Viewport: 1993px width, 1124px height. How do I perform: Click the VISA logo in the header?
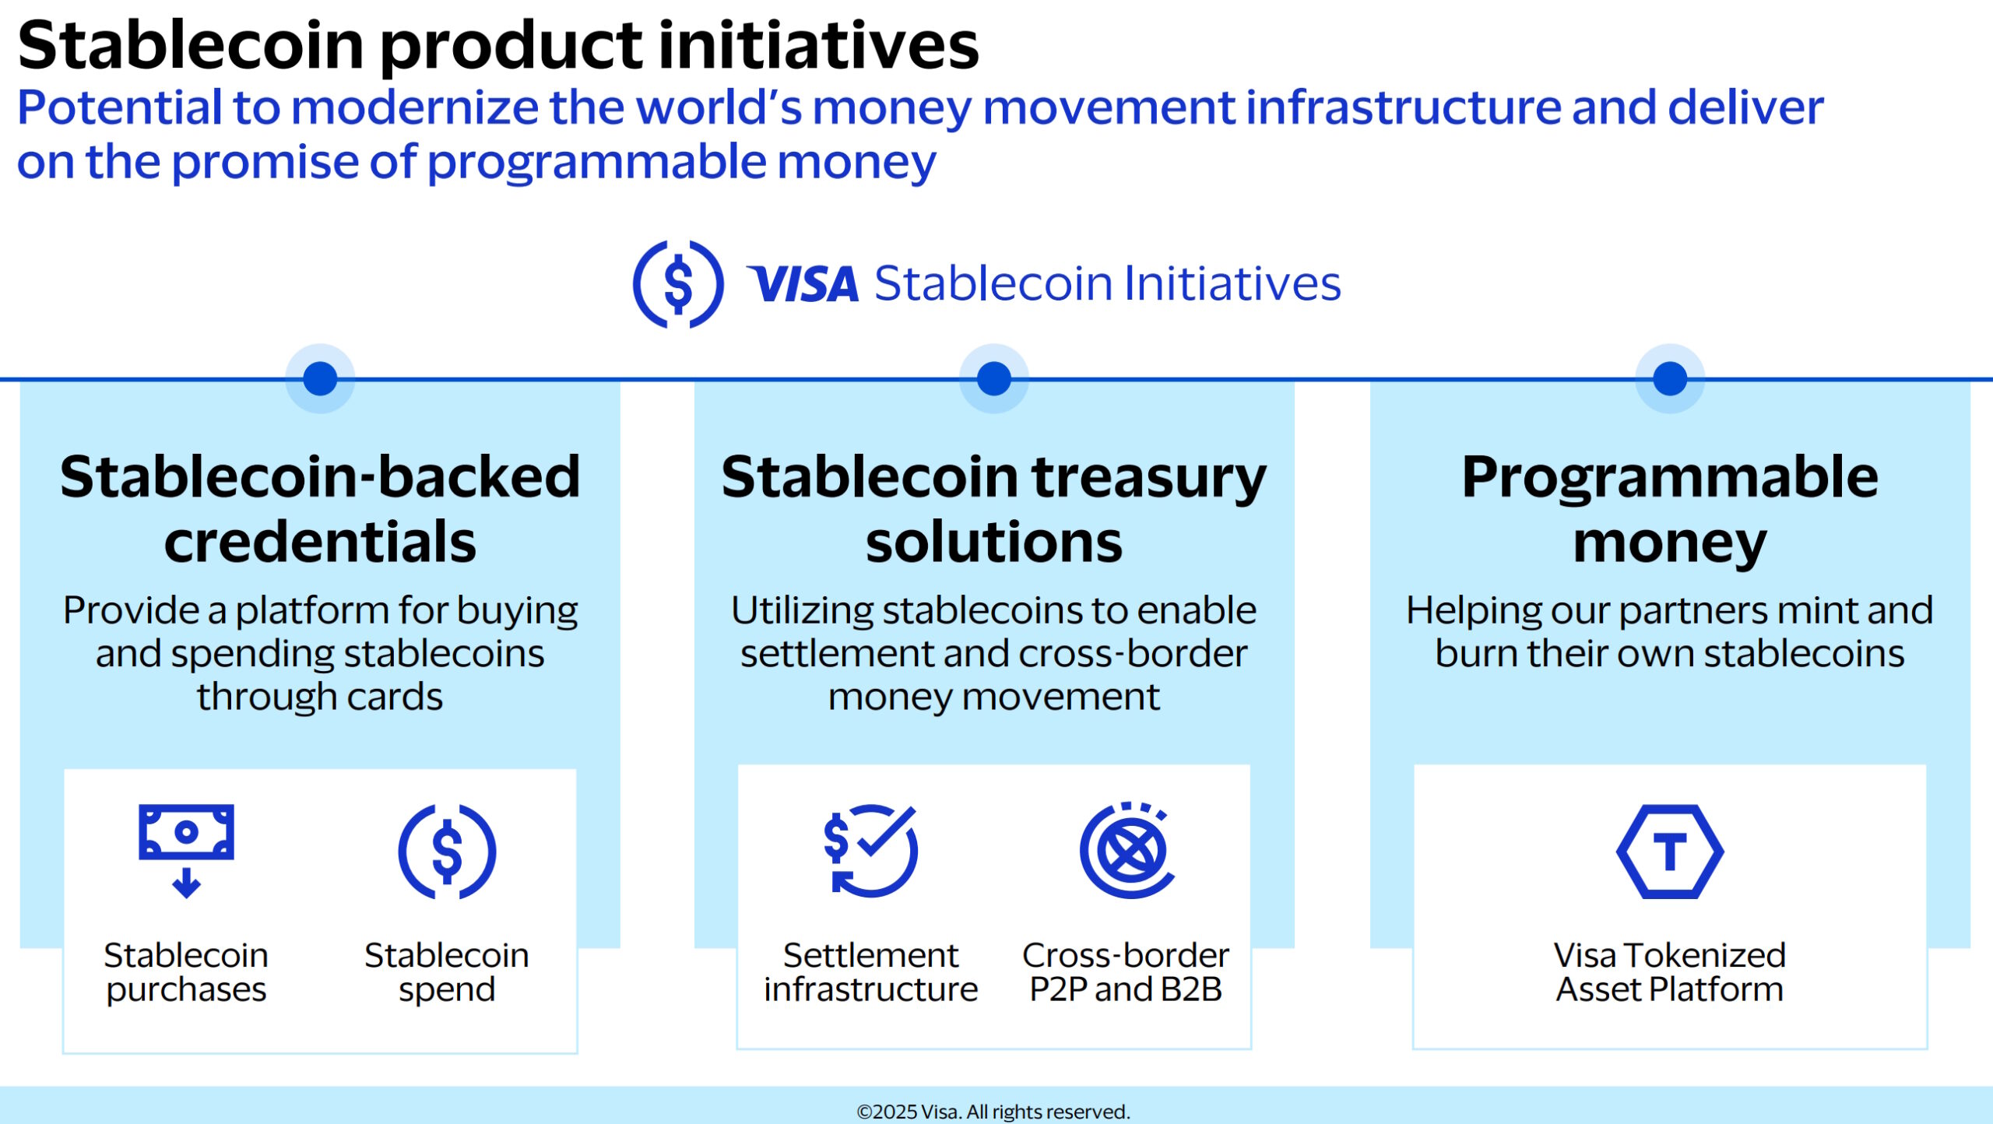pyautogui.click(x=803, y=283)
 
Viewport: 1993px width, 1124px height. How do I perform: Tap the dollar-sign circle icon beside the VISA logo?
pyautogui.click(x=678, y=284)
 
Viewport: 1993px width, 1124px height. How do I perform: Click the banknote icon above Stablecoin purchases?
pyautogui.click(x=186, y=851)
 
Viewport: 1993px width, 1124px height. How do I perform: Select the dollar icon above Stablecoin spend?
pyautogui.click(x=447, y=852)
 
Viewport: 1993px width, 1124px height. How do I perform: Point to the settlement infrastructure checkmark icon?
pyautogui.click(x=871, y=851)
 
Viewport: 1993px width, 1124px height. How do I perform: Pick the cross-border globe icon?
pyautogui.click(x=1127, y=850)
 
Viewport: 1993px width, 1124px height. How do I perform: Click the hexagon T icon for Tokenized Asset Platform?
pyautogui.click(x=1670, y=852)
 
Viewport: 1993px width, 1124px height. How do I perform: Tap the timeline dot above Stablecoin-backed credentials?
pyautogui.click(x=320, y=379)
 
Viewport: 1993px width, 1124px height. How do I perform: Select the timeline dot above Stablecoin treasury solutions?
pyautogui.click(x=994, y=379)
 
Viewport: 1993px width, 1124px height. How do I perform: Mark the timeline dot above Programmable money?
pyautogui.click(x=1670, y=379)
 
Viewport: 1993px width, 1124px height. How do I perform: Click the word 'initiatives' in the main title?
pyautogui.click(x=819, y=44)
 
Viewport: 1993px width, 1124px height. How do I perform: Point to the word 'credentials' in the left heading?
pyautogui.click(x=320, y=542)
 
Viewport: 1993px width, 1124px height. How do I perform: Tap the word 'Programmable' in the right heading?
pyautogui.click(x=1670, y=479)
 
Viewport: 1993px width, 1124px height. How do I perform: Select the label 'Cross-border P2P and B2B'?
pyautogui.click(x=1126, y=972)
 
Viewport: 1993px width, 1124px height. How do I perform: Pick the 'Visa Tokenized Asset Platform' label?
pyautogui.click(x=1670, y=972)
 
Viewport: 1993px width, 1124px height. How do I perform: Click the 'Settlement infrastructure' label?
pyautogui.click(x=870, y=972)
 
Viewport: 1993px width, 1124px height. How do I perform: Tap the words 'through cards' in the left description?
pyautogui.click(x=320, y=696)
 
